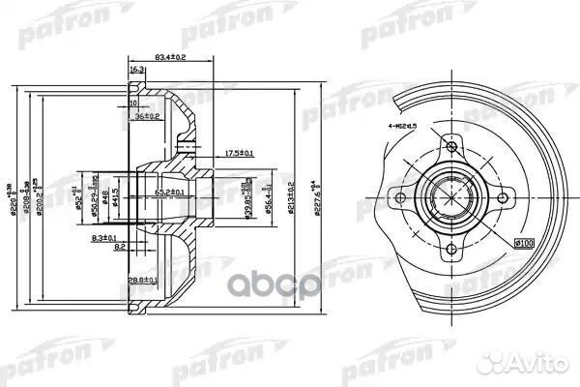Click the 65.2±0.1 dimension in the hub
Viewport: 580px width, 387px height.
pyautogui.click(x=170, y=193)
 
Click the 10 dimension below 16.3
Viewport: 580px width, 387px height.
pyautogui.click(x=135, y=102)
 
